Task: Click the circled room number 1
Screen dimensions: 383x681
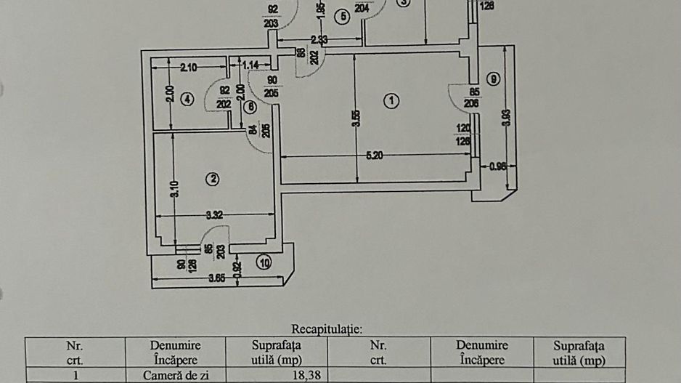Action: pyautogui.click(x=392, y=101)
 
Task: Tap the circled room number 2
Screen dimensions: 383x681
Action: pyautogui.click(x=213, y=179)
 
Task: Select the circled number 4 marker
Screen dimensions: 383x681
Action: pyautogui.click(x=187, y=99)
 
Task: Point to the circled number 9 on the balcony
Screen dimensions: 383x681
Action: pyautogui.click(x=494, y=79)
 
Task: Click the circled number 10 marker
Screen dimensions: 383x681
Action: pyautogui.click(x=264, y=263)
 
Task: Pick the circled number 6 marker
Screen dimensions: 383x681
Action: pyautogui.click(x=250, y=107)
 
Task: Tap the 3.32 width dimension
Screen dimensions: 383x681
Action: pyautogui.click(x=214, y=214)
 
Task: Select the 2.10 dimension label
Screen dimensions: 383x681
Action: pyautogui.click(x=188, y=68)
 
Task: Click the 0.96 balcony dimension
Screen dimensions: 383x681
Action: pyautogui.click(x=498, y=166)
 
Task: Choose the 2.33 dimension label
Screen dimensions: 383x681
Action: pyautogui.click(x=318, y=39)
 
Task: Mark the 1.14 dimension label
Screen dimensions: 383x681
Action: pyautogui.click(x=251, y=65)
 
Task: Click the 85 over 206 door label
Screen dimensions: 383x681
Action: pyautogui.click(x=474, y=97)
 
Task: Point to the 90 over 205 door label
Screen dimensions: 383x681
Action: pyautogui.click(x=273, y=86)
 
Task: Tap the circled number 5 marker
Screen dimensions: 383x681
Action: pyautogui.click(x=342, y=16)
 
